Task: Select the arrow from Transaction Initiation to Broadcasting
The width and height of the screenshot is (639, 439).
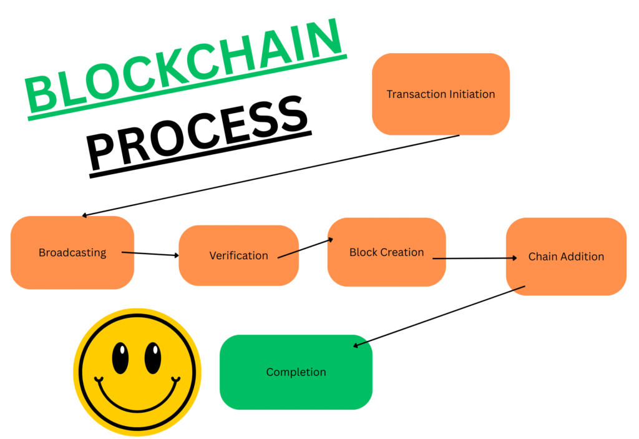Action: click(271, 175)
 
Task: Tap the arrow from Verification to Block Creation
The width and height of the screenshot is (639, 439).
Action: click(305, 248)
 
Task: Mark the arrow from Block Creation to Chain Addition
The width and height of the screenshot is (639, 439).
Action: click(475, 258)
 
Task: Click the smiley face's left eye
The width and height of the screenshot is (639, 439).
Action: click(120, 358)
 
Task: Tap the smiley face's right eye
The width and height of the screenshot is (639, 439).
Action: click(153, 358)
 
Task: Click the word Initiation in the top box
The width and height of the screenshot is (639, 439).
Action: click(472, 94)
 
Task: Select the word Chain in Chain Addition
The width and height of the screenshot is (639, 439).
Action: click(541, 256)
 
